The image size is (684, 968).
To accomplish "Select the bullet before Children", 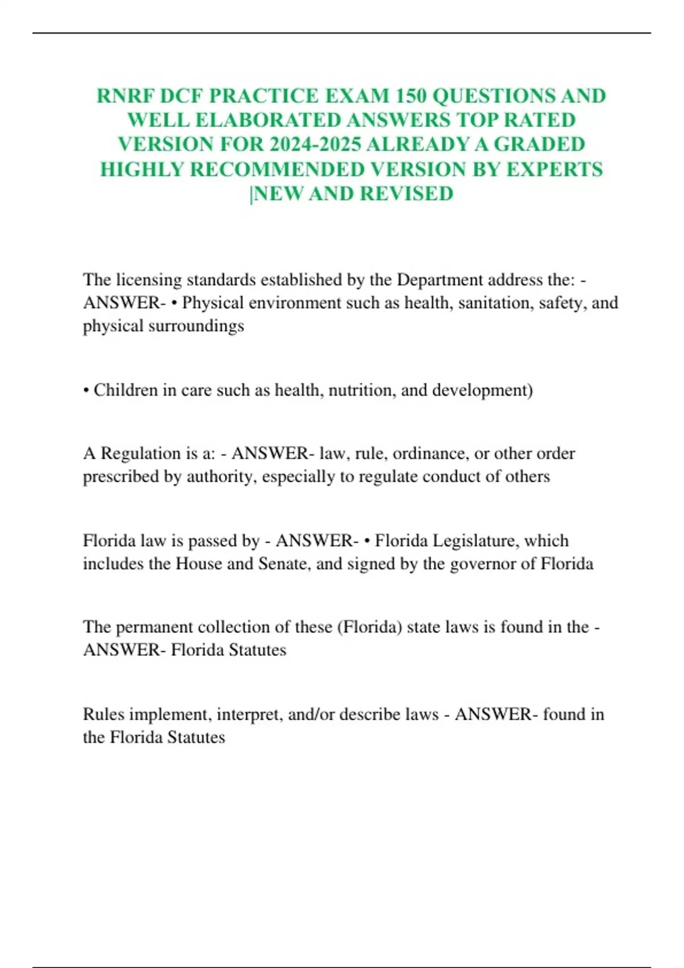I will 86,391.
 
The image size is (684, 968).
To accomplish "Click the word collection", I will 230,627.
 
